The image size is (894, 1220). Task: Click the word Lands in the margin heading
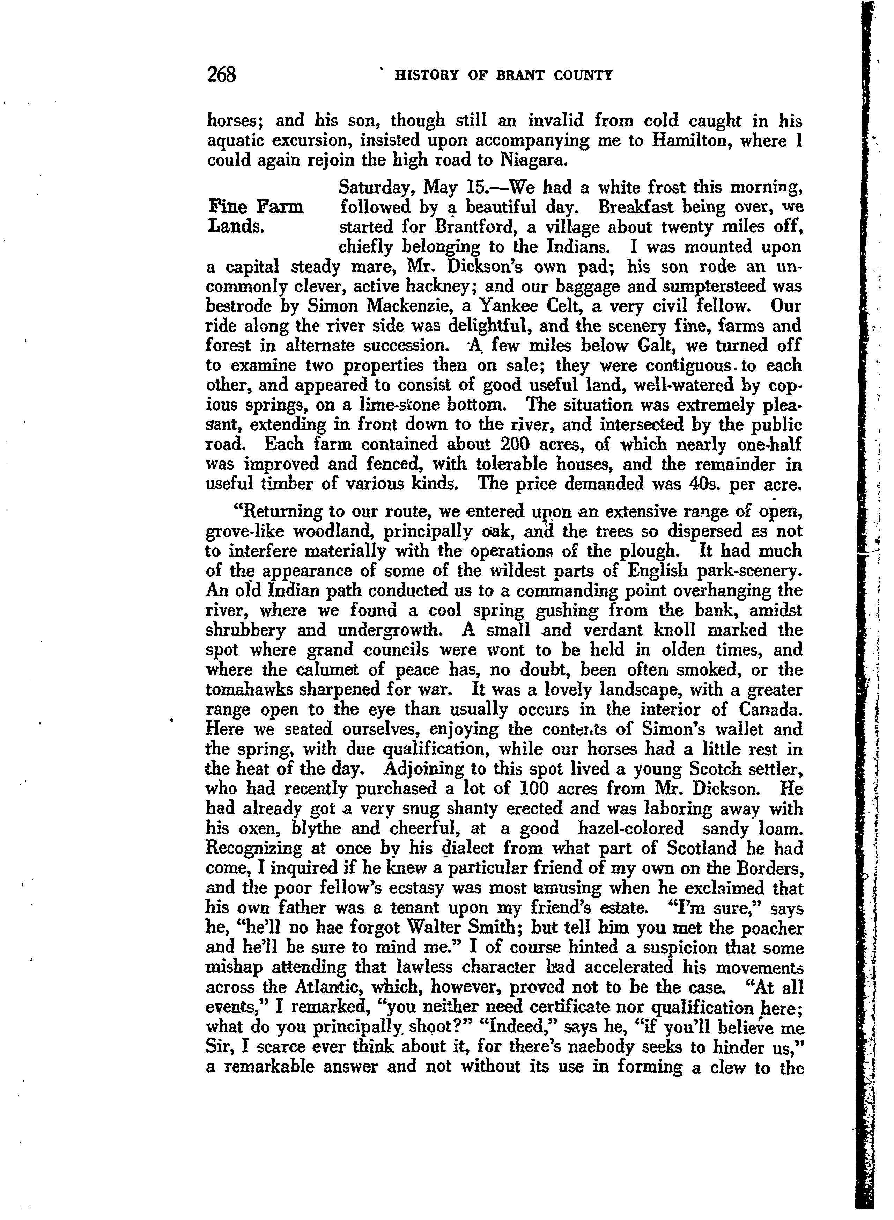tap(235, 226)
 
